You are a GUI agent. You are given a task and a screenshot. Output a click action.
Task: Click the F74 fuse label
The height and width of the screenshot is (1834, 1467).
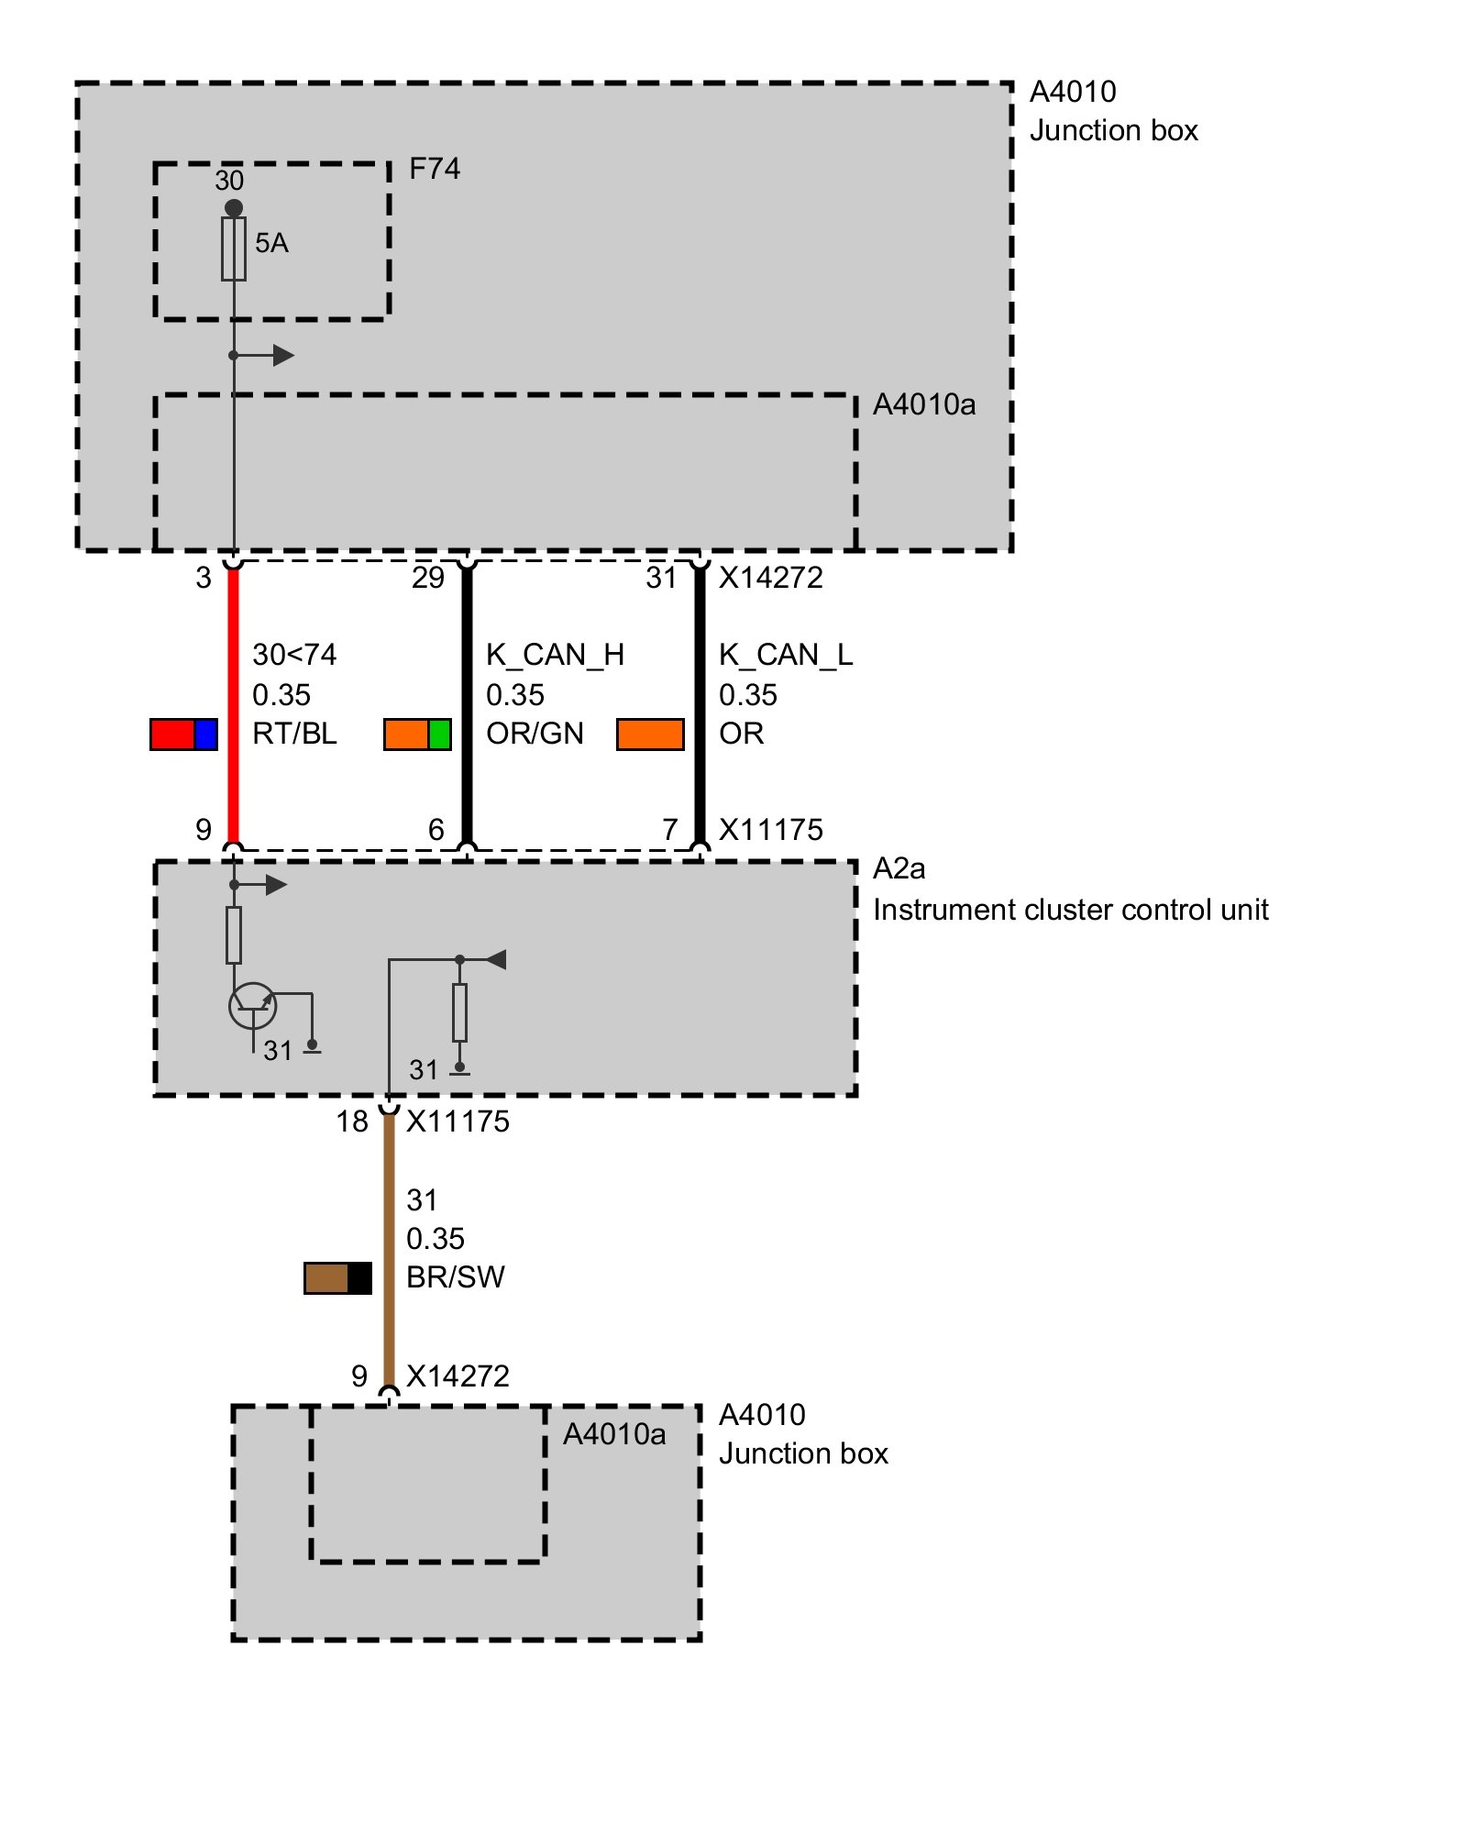click(x=434, y=169)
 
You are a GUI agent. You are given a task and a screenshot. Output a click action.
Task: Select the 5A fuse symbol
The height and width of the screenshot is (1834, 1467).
click(x=234, y=249)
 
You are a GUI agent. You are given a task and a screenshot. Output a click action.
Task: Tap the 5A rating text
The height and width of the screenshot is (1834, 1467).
click(x=271, y=243)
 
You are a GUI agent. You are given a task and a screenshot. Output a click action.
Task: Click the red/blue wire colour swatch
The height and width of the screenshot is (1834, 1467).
click(x=183, y=735)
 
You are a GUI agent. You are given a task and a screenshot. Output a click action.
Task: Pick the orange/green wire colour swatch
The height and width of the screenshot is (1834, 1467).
click(x=417, y=735)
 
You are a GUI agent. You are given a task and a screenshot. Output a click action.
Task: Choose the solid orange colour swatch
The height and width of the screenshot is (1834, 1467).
click(x=650, y=735)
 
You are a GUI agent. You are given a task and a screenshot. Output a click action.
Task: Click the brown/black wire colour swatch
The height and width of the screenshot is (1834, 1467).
click(x=337, y=1278)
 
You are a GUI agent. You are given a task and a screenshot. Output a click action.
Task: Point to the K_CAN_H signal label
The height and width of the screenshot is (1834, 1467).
click(x=555, y=655)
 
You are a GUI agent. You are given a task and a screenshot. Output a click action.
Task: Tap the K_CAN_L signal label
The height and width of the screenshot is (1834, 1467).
click(x=786, y=655)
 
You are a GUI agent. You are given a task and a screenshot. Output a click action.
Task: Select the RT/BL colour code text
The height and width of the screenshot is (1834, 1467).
click(x=294, y=734)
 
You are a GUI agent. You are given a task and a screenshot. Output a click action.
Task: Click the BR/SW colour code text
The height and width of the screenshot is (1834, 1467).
click(x=456, y=1277)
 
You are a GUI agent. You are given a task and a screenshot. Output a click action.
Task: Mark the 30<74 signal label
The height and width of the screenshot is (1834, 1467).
click(x=294, y=655)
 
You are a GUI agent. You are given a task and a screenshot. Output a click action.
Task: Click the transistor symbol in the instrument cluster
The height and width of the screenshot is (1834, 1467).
click(x=252, y=1006)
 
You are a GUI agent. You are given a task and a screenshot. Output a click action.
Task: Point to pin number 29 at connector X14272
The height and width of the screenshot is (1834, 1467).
click(x=428, y=578)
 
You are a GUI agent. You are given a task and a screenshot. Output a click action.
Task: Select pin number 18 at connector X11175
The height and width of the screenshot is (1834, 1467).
click(x=352, y=1121)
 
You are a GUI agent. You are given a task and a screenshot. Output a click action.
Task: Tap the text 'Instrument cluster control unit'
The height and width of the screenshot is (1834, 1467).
click(x=1070, y=910)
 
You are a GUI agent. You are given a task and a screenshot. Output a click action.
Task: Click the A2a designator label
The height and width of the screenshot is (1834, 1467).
click(x=899, y=868)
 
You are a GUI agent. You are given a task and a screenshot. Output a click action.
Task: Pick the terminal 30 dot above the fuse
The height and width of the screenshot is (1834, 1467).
click(x=234, y=208)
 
